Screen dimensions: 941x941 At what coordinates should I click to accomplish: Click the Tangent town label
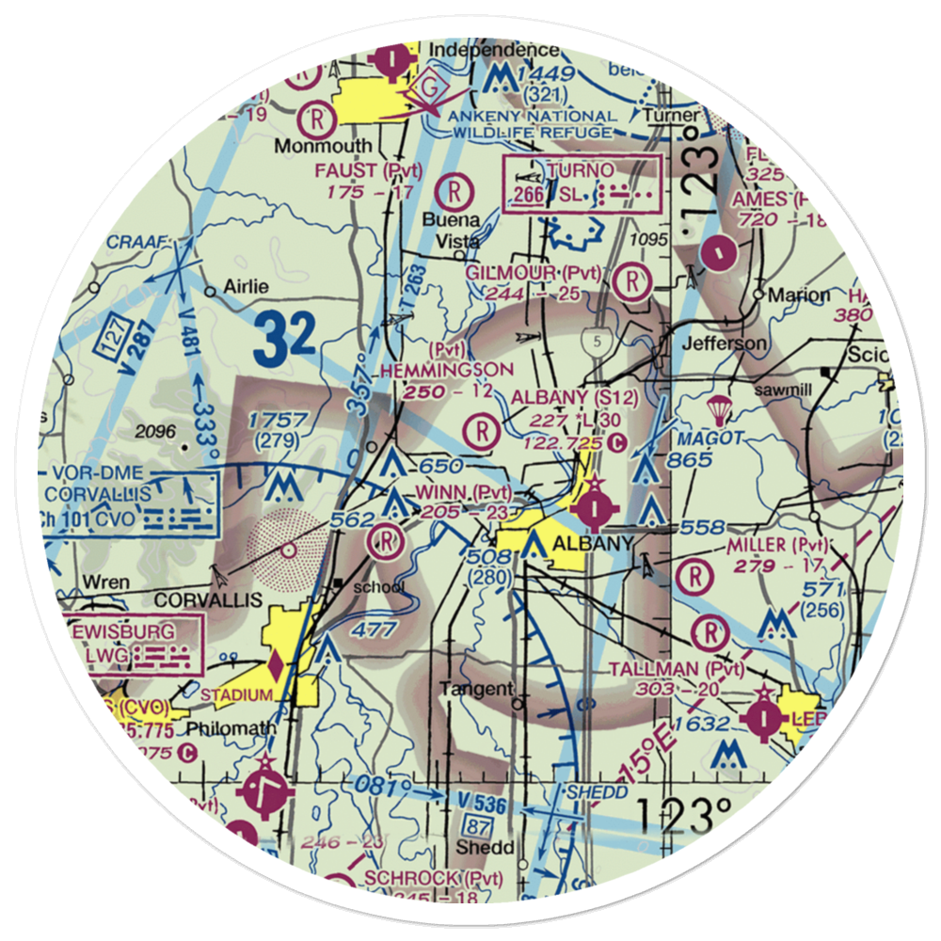[x=477, y=689]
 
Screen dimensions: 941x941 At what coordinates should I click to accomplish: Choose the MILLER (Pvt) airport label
[x=778, y=546]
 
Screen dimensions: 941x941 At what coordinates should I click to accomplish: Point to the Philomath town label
[x=231, y=728]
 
